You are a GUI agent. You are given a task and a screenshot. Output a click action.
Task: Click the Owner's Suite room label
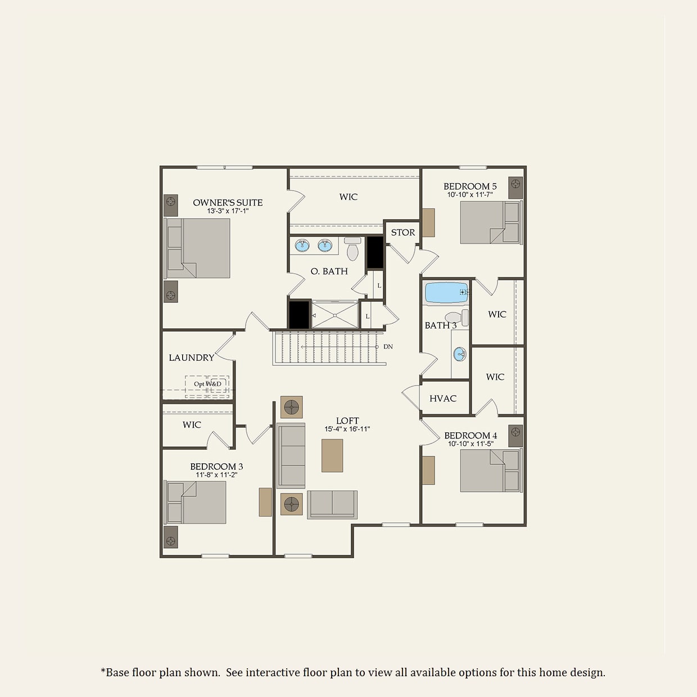click(x=228, y=203)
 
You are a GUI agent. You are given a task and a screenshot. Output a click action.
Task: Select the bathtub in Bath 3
click(x=446, y=293)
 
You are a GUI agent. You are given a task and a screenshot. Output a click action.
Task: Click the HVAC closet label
click(x=443, y=399)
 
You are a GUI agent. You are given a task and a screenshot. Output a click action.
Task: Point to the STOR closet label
click(x=403, y=232)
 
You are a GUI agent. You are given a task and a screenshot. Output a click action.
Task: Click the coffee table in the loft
click(x=332, y=455)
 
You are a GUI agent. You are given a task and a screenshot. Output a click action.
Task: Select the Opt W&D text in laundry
click(x=207, y=384)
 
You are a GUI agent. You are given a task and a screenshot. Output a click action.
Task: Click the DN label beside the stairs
click(x=388, y=347)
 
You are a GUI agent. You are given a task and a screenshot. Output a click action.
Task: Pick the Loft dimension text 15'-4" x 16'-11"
click(x=347, y=429)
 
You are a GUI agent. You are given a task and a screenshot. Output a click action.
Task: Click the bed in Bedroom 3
click(x=197, y=502)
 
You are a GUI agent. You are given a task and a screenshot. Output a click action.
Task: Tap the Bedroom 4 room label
click(x=470, y=436)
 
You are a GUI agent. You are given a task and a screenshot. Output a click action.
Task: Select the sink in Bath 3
click(x=460, y=354)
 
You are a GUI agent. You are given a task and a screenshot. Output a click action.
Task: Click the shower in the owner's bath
click(x=335, y=315)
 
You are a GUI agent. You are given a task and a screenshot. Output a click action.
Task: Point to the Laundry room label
click(x=192, y=357)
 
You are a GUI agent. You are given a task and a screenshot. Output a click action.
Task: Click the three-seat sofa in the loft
click(x=291, y=455)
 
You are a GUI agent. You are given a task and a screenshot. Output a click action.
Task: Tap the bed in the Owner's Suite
click(x=198, y=248)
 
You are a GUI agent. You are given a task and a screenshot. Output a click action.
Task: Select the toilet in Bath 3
click(x=455, y=318)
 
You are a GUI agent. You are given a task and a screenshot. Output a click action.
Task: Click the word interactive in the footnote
click(x=273, y=673)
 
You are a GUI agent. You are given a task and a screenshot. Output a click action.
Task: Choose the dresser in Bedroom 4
click(x=428, y=470)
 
